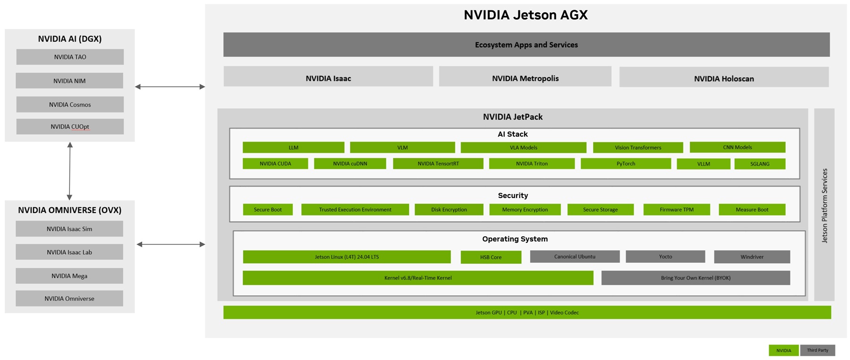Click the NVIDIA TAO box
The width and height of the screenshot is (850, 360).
pyautogui.click(x=70, y=57)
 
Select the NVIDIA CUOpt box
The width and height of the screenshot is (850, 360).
pyautogui.click(x=70, y=127)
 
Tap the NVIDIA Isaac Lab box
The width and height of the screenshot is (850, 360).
pyautogui.click(x=69, y=252)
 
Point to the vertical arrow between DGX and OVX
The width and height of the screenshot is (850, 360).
pyautogui.click(x=69, y=171)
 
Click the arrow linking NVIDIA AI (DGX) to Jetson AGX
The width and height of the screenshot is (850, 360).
pyautogui.click(x=170, y=87)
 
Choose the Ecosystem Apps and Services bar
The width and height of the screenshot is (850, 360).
pyautogui.click(x=526, y=45)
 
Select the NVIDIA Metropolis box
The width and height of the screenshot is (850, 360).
pyautogui.click(x=525, y=78)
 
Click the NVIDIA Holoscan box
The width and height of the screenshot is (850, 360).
pyautogui.click(x=723, y=78)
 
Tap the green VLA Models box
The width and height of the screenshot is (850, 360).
pyautogui.click(x=523, y=147)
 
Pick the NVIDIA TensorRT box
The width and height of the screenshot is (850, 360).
pyautogui.click(x=438, y=163)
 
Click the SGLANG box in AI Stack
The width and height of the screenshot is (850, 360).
pyautogui.click(x=759, y=164)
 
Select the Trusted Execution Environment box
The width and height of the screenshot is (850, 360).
pyautogui.click(x=355, y=209)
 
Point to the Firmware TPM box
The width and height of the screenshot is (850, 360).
pyautogui.click(x=676, y=209)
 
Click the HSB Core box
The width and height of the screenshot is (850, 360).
pyautogui.click(x=491, y=257)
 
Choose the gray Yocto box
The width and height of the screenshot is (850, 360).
pyautogui.click(x=665, y=257)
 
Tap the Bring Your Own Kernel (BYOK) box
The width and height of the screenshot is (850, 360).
pyautogui.click(x=695, y=278)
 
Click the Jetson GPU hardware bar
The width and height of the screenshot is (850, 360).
pyautogui.click(x=527, y=312)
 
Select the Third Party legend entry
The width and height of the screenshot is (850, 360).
pyautogui.click(x=817, y=350)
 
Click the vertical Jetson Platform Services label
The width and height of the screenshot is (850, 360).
pyautogui.click(x=824, y=206)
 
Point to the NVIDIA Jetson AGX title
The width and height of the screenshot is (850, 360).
pyautogui.click(x=525, y=15)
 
